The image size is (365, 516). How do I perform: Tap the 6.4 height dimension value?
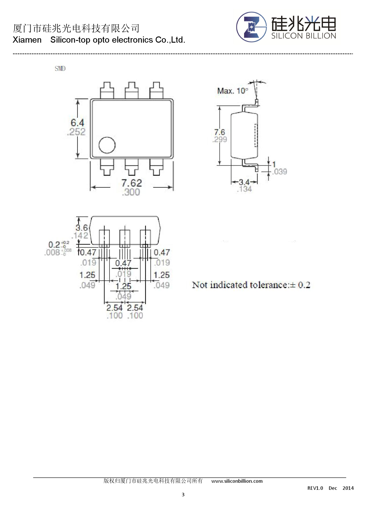point(77,122)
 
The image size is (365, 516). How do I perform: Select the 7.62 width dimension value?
point(132,183)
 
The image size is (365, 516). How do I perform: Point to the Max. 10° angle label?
point(233,91)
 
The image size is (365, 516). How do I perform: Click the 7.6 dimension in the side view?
point(220,132)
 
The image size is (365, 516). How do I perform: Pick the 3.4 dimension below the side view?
point(244,182)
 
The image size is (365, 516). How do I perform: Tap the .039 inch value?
point(280,172)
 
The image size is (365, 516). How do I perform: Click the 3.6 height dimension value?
point(82,228)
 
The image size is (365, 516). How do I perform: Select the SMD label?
point(60,69)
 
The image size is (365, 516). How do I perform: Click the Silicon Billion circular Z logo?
point(252,27)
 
